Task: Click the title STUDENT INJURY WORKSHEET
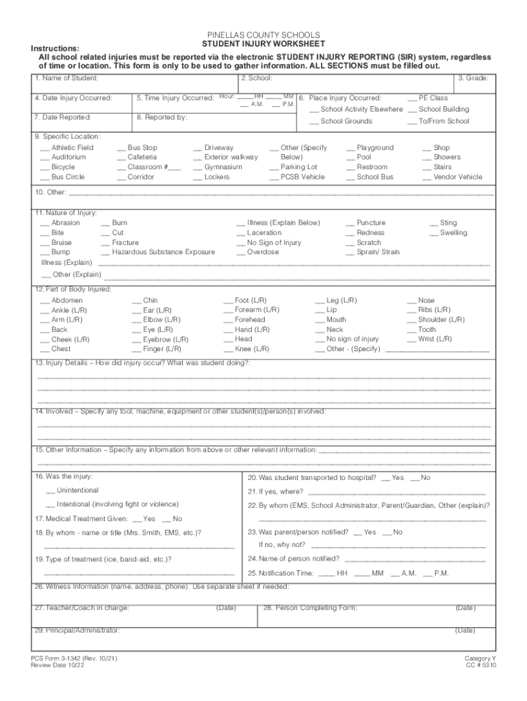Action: tap(263, 44)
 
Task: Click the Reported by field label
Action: tap(162, 118)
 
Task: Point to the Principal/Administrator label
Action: tap(77, 630)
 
